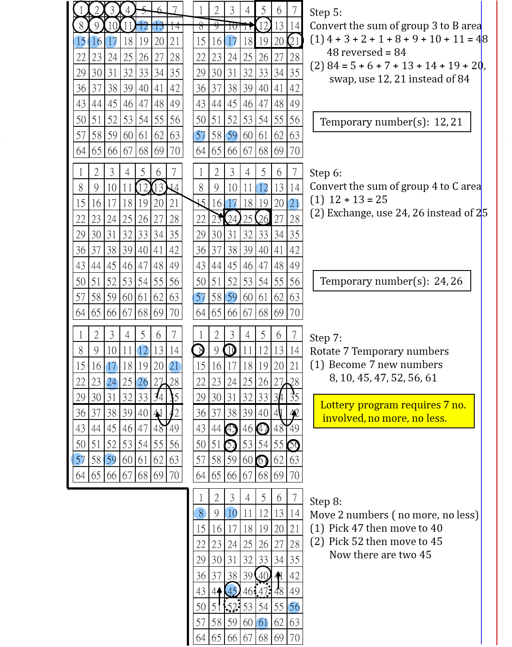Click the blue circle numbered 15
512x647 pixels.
click(x=79, y=42)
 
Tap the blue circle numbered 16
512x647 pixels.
click(x=94, y=42)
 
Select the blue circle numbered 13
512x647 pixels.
click(x=158, y=26)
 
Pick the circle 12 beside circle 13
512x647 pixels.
click(x=142, y=26)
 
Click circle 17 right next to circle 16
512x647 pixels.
click(x=110, y=42)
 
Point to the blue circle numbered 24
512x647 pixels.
click(x=112, y=383)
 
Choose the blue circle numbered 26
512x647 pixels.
click(x=142, y=383)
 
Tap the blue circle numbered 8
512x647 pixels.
click(x=200, y=513)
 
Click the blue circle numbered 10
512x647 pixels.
click(x=231, y=513)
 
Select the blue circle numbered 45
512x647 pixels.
click(x=232, y=590)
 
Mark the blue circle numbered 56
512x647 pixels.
click(x=294, y=607)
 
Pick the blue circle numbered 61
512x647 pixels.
click(x=262, y=623)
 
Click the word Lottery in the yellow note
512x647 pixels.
click(x=337, y=405)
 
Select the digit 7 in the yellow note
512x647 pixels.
click(x=446, y=405)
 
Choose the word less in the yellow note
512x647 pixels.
click(x=436, y=418)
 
